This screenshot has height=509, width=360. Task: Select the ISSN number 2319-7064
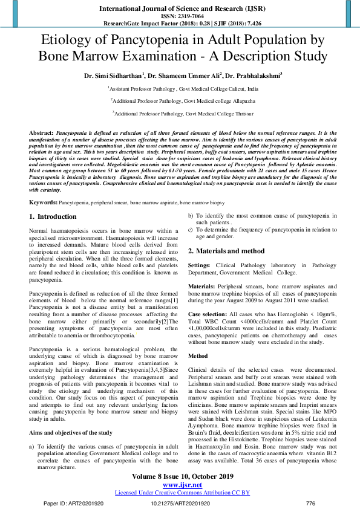tap(180, 16)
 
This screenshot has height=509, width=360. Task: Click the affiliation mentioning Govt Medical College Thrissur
tap(180, 112)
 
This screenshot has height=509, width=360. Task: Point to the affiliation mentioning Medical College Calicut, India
tap(180, 88)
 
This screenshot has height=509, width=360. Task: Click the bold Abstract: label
tap(41, 131)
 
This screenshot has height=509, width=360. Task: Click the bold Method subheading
tap(198, 355)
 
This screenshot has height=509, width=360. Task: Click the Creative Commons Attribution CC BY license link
tap(180, 492)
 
